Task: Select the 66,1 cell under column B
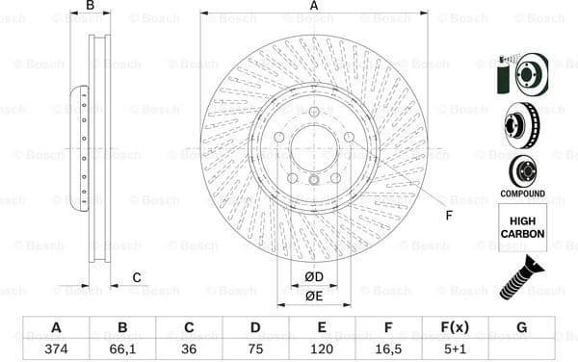(x=122, y=349)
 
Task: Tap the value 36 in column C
(x=189, y=349)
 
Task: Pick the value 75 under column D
(x=255, y=349)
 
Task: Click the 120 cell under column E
(x=322, y=349)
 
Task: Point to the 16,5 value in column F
(x=388, y=349)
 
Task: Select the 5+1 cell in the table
(x=455, y=349)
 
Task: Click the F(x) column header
(x=455, y=326)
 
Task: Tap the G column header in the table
(x=521, y=326)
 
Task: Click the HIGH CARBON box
(x=522, y=227)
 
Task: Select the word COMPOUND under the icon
(x=522, y=194)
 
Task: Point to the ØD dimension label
(x=314, y=278)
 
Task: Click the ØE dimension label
(x=314, y=296)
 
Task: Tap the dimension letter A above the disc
(x=314, y=6)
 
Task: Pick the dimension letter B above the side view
(x=91, y=6)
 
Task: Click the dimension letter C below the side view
(x=137, y=278)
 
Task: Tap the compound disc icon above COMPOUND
(x=522, y=170)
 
